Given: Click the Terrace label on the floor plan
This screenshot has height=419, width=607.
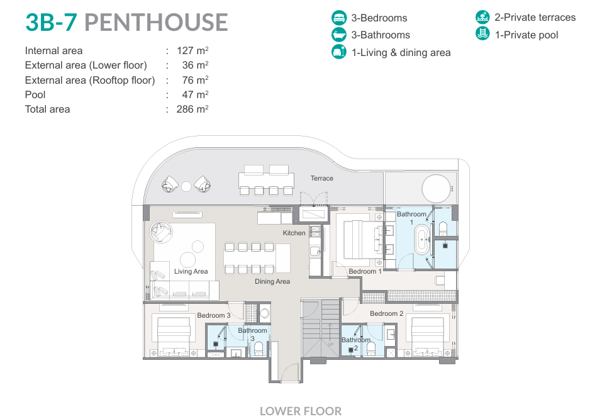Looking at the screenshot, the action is (321, 178).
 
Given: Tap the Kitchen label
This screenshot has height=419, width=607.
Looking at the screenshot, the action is (294, 233).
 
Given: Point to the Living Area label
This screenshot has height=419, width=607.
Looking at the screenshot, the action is (191, 271).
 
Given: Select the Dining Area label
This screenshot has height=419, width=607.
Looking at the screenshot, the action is (272, 281).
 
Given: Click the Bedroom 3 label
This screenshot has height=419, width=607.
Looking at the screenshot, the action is (214, 315).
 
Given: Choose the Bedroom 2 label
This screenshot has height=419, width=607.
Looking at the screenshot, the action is (386, 313).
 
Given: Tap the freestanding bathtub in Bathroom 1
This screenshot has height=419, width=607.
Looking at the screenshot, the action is (422, 239).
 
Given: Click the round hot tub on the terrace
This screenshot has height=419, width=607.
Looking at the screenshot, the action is (437, 189).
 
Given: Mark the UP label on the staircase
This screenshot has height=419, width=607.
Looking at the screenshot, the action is (330, 345).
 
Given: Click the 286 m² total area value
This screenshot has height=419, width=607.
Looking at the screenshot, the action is (192, 109).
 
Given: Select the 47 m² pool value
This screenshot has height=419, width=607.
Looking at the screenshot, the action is (195, 95).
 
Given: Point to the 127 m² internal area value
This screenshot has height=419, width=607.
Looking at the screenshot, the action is (192, 51).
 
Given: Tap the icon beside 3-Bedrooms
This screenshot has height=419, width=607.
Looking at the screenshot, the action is (339, 18).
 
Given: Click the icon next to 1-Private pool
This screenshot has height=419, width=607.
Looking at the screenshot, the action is (482, 34).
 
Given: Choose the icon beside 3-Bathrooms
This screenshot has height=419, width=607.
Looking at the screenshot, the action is (339, 35).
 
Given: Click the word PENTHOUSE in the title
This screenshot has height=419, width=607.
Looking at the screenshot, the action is (156, 22).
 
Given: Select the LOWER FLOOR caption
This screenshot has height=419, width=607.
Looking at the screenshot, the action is (301, 411).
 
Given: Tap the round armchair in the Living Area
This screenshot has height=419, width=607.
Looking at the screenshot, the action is (161, 232).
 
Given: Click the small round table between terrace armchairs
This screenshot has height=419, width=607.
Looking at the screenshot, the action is (186, 187).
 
